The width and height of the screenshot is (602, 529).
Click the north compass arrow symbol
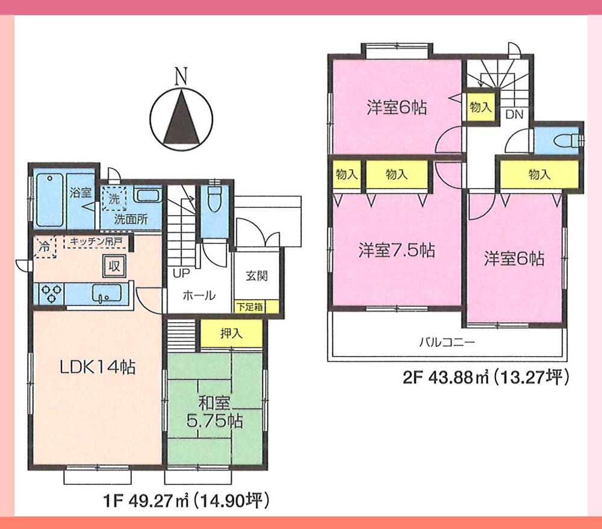(x=180, y=117)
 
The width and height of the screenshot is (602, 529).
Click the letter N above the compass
(x=180, y=77)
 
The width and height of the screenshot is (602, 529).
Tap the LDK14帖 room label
(x=96, y=366)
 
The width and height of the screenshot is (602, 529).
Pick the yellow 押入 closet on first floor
(x=231, y=334)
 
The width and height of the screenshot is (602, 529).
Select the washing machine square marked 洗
(x=114, y=198)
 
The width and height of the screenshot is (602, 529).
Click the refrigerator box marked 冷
(x=45, y=246)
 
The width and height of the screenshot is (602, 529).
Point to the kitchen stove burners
(x=51, y=293)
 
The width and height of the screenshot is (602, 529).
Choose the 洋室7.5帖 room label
(x=396, y=250)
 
